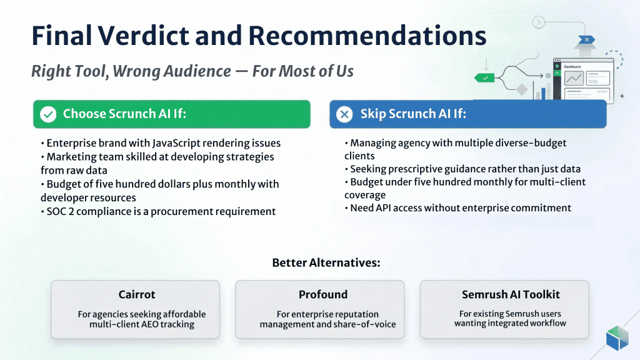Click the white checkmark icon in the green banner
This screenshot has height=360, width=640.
coord(48,114)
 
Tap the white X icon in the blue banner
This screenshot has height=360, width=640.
coord(344,114)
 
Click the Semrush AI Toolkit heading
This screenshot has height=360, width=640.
coord(511,294)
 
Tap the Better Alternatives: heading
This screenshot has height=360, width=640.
coord(326,262)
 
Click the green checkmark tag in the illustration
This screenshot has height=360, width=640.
coord(485,77)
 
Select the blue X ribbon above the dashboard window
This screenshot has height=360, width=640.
coord(586,39)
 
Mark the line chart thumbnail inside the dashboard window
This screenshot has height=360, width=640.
coord(574,78)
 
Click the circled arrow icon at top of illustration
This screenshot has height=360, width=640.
coord(537,22)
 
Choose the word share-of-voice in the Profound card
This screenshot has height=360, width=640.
coord(368,324)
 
